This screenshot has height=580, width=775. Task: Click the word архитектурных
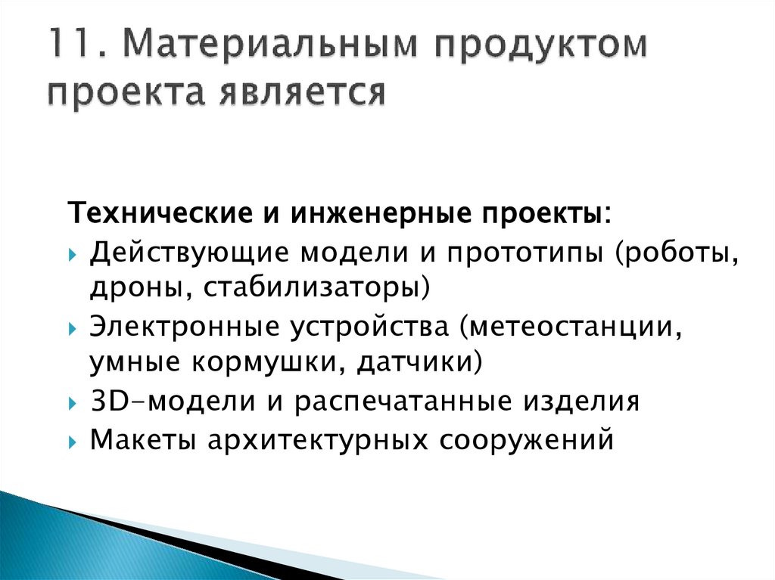coord(307,440)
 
